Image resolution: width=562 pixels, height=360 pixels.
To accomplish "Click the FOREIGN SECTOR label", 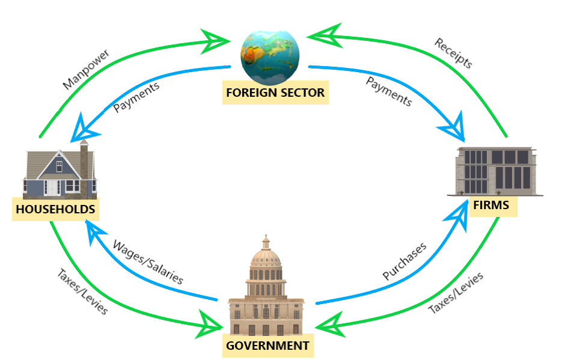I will tap(275, 93).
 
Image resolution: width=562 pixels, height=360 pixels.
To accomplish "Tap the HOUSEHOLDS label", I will tap(55, 209).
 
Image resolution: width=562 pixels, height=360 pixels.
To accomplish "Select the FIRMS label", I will tap(490, 205).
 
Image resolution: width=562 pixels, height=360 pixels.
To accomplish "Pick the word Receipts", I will tap(454, 53).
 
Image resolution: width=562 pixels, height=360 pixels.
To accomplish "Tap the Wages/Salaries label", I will tap(148, 261).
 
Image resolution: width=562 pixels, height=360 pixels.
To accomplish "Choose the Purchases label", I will tap(405, 261).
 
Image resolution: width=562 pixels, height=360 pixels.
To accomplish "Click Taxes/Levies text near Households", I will tap(82, 291).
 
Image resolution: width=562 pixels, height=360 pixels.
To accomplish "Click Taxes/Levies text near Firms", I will tap(456, 293).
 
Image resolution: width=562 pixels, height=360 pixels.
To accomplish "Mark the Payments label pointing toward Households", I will tap(136, 96).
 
